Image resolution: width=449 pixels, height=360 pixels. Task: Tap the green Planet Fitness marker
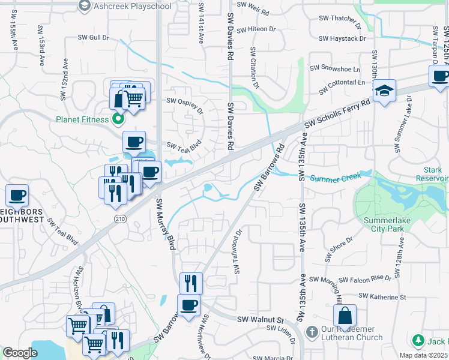tap(118, 119)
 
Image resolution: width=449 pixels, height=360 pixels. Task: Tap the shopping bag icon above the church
tap(345, 315)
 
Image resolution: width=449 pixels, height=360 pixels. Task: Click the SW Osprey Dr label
tap(185, 106)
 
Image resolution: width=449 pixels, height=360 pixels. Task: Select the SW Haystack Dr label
tap(342, 38)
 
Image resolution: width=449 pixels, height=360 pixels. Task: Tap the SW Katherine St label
tap(382, 296)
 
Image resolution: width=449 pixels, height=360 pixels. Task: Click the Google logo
tap(20, 353)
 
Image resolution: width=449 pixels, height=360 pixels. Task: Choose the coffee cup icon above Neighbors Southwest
tap(17, 195)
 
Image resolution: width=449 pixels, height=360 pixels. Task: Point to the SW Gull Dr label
tap(93, 37)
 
